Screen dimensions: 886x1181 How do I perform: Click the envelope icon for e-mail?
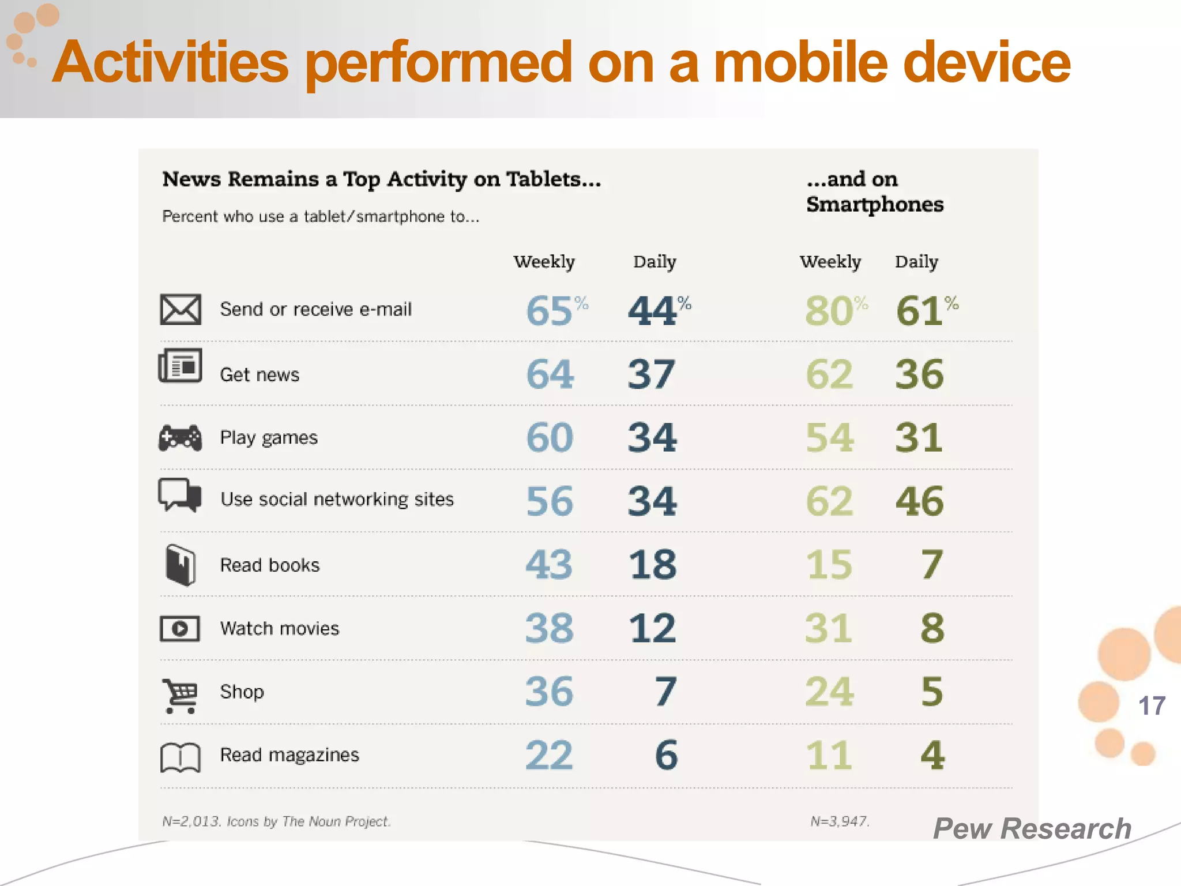point(180,310)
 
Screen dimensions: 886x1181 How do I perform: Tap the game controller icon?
point(180,438)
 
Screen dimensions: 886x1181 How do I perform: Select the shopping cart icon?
point(180,696)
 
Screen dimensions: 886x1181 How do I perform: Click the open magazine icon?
point(180,757)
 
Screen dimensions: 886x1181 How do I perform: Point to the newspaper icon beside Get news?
point(180,366)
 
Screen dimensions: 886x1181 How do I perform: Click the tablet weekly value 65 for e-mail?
point(550,311)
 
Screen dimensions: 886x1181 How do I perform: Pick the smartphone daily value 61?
point(920,311)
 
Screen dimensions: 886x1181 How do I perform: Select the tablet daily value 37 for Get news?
point(652,375)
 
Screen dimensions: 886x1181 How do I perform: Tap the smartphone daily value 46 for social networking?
point(920,501)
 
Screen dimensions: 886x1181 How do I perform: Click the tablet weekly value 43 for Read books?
point(549,564)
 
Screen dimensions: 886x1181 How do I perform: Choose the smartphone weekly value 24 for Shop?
point(829,692)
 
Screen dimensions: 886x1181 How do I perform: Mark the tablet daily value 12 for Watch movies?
point(652,628)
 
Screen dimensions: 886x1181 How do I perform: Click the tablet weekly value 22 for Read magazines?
point(549,755)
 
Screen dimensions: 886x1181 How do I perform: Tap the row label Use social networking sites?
point(337,500)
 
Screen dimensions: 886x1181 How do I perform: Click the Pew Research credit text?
point(1032,829)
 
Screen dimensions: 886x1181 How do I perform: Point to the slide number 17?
point(1152,706)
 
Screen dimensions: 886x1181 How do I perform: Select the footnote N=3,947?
point(840,821)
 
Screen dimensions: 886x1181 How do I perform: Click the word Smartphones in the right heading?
point(875,204)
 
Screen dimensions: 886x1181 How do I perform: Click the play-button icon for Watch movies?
point(180,629)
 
